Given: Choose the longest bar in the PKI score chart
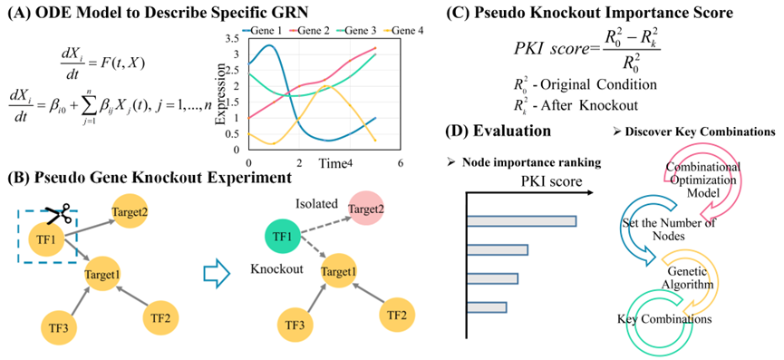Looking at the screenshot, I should pos(521,221).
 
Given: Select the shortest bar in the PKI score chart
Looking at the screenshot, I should pos(487,307).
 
